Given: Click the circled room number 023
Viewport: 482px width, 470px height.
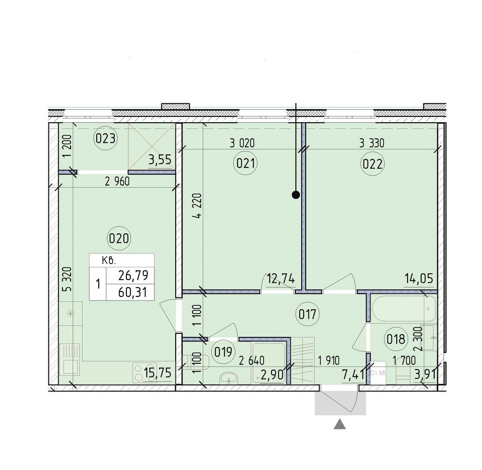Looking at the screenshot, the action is click(106, 139).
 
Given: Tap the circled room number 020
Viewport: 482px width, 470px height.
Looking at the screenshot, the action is click(119, 238).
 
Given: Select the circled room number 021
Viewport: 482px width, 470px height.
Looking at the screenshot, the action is click(245, 163).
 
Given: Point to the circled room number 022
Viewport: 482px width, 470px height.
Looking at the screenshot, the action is click(373, 164).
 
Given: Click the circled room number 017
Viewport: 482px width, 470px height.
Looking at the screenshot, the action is click(307, 314).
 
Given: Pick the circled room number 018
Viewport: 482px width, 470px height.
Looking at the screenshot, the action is click(396, 339).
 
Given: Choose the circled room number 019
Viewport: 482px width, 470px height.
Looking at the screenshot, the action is click(223, 351).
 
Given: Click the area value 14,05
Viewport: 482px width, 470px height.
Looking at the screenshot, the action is click(418, 279).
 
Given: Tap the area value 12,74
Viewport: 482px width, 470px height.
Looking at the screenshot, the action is click(281, 279).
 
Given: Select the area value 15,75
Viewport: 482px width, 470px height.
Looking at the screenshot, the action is click(158, 373).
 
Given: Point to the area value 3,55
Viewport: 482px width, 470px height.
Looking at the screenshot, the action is click(160, 160).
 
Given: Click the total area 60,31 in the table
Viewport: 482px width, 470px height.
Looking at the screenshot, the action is click(133, 292).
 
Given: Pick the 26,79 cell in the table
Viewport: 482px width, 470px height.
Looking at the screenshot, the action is click(133, 276).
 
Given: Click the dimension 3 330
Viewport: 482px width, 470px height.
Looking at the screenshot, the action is click(372, 143).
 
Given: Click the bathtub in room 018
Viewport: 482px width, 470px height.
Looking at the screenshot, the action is click(403, 308).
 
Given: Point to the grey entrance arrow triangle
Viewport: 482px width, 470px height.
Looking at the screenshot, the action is click(340, 424).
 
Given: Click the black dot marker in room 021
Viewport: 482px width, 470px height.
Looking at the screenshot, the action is click(296, 195).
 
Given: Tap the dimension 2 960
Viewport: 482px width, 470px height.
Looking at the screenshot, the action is click(117, 181).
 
